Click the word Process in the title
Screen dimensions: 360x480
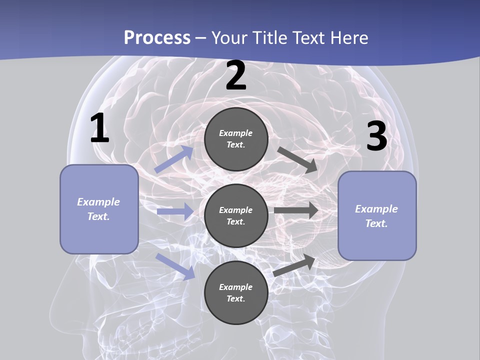pos(157,38)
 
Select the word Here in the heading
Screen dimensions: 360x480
pos(348,38)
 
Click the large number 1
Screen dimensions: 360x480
pos(99,128)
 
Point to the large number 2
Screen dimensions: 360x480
pos(236,76)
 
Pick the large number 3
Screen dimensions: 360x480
pos(376,136)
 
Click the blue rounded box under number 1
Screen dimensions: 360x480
pos(99,209)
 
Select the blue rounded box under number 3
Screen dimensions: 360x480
pos(377,216)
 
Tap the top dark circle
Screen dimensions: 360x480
pos(236,139)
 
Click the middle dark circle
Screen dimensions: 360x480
pos(236,216)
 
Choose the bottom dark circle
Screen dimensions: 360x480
pos(236,293)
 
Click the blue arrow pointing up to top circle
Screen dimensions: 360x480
pos(174,159)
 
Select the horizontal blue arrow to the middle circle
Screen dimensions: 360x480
pos(175,212)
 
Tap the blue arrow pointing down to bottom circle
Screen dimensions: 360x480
pos(175,266)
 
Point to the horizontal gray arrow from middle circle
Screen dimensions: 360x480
pos(296,210)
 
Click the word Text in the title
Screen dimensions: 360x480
pos(307,38)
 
